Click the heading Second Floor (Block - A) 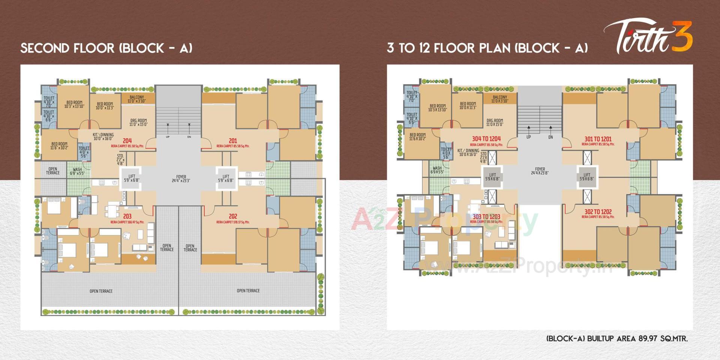click(x=106, y=48)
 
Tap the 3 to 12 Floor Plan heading click(x=487, y=48)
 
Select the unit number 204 click(x=127, y=141)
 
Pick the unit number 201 click(x=233, y=141)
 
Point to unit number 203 click(x=127, y=216)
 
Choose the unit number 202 click(x=233, y=216)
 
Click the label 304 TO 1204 click(x=486, y=139)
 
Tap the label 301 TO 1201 click(x=598, y=139)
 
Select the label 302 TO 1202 click(x=598, y=212)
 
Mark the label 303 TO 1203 click(x=486, y=217)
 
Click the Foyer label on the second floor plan click(x=181, y=178)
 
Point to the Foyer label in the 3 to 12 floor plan click(x=540, y=171)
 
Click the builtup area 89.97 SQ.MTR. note click(x=617, y=339)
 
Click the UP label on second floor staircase click(x=168, y=137)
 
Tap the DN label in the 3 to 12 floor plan click(x=550, y=137)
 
